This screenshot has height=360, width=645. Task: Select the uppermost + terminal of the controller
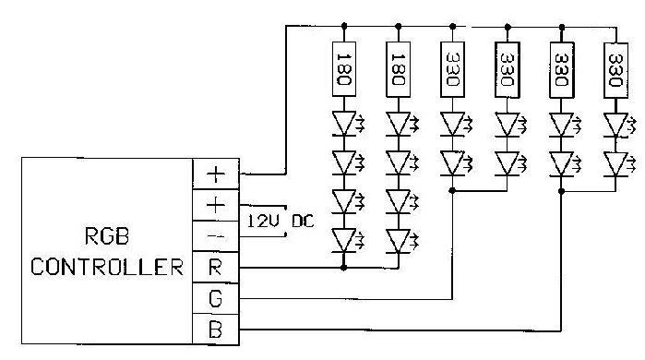(x=215, y=173)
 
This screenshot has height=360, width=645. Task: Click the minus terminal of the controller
(x=215, y=235)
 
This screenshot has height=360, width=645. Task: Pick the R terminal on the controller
(x=215, y=268)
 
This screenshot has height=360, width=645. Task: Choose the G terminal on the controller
(x=215, y=299)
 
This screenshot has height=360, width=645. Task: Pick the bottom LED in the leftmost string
(x=345, y=242)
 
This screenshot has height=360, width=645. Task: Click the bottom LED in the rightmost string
(x=615, y=163)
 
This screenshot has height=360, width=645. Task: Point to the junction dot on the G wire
(x=452, y=191)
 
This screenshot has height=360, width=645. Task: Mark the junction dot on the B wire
(x=561, y=191)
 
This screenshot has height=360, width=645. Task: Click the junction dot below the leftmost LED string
(x=345, y=268)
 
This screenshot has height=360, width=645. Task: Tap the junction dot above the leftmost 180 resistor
(x=345, y=25)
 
